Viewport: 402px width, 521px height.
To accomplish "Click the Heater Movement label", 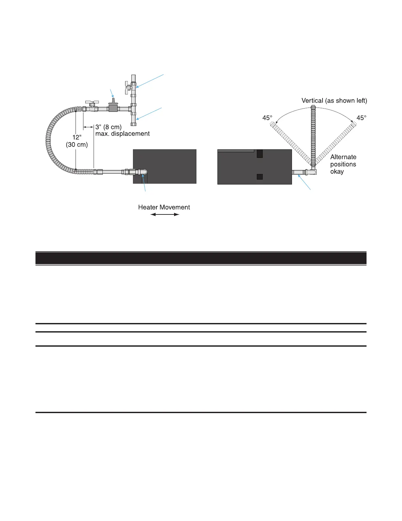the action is click(x=164, y=207).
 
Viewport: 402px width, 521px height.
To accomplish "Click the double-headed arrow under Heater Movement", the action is click(x=165, y=214).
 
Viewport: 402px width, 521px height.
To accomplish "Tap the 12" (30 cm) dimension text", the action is click(x=77, y=141).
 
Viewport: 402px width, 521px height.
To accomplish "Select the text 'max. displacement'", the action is click(x=123, y=134).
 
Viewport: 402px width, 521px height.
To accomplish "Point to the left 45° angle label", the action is click(x=267, y=118).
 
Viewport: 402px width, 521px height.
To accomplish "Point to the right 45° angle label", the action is click(x=361, y=118).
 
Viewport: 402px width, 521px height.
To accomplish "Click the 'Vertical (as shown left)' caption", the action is click(x=334, y=101).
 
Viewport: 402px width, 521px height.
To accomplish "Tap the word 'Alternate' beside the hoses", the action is click(x=343, y=157).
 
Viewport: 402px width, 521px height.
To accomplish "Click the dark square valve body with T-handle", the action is click(x=113, y=108).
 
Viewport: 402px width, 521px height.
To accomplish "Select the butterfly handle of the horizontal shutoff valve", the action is click(x=92, y=103).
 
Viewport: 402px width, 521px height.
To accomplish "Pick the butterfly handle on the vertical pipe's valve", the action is click(x=127, y=87).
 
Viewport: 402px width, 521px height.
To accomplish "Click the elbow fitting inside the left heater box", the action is click(x=143, y=172).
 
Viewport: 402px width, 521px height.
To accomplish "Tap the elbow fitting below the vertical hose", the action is click(x=313, y=171).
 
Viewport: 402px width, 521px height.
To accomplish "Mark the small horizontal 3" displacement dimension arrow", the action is click(x=88, y=127).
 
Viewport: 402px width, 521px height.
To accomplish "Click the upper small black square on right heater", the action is click(x=260, y=154).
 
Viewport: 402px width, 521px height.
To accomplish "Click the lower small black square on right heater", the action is click(x=260, y=177).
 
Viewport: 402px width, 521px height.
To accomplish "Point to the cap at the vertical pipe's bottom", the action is click(x=134, y=124).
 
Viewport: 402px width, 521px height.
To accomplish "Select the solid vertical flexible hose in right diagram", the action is click(x=313, y=135).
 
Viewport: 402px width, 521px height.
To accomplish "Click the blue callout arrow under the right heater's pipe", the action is click(x=304, y=182).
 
